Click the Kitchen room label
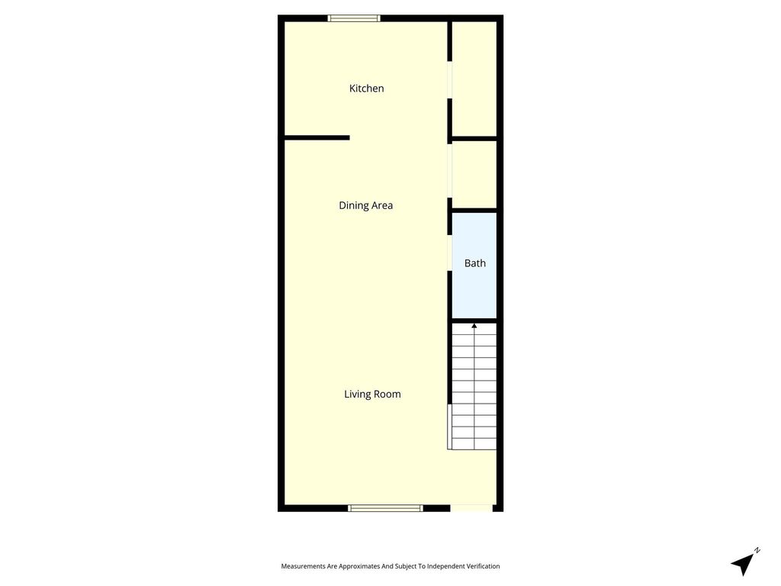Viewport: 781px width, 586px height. (366, 89)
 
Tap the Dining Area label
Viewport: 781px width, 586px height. (365, 205)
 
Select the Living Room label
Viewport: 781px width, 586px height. (372, 394)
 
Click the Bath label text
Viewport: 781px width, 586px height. (474, 263)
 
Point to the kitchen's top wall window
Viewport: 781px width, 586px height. (354, 18)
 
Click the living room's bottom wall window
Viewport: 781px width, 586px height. (385, 508)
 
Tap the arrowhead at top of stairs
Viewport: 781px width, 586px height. (474, 326)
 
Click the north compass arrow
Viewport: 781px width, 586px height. (743, 564)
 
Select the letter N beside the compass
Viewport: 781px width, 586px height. (757, 550)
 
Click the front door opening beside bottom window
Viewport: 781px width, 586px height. (471, 508)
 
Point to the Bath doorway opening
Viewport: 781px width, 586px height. (449, 253)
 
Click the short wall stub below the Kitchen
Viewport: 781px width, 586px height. (317, 137)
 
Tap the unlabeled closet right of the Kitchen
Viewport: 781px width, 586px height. (474, 79)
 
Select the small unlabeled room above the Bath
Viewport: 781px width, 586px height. (474, 175)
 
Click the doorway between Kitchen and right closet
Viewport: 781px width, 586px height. (449, 79)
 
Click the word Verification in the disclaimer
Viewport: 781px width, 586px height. (481, 566)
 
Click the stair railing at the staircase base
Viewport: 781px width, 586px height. (449, 427)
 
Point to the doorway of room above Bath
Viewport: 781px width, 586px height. (449, 170)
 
